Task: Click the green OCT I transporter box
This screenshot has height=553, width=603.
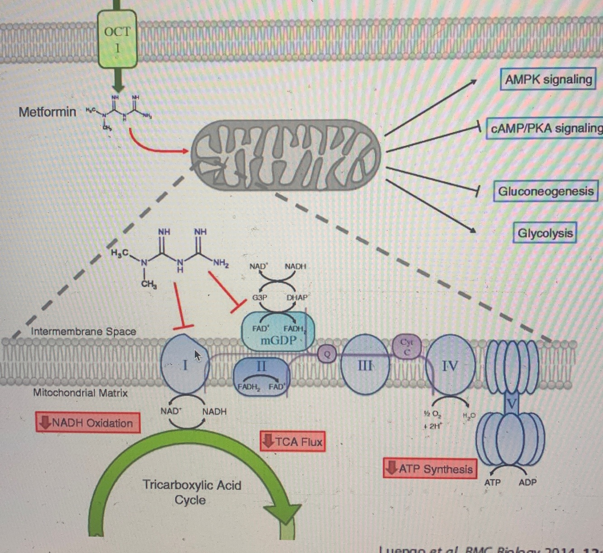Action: (x=117, y=39)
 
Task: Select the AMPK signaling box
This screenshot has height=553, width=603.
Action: (x=548, y=80)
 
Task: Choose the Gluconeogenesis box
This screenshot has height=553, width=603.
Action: (x=545, y=191)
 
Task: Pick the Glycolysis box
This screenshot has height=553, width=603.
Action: (x=545, y=233)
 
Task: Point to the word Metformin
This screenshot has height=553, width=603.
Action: (x=47, y=112)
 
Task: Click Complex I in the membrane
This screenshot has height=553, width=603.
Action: (x=184, y=364)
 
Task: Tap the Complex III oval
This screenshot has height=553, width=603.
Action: (x=365, y=364)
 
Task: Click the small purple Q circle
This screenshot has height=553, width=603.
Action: (x=327, y=354)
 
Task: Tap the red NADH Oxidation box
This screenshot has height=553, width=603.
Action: (x=88, y=423)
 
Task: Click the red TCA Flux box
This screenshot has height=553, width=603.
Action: (x=292, y=441)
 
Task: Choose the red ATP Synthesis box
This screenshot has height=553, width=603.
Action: (x=430, y=469)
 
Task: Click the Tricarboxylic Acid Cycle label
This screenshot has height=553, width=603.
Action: (x=191, y=492)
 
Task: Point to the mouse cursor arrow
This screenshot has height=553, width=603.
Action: (x=197, y=355)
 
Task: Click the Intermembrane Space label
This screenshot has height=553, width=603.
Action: (x=83, y=331)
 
